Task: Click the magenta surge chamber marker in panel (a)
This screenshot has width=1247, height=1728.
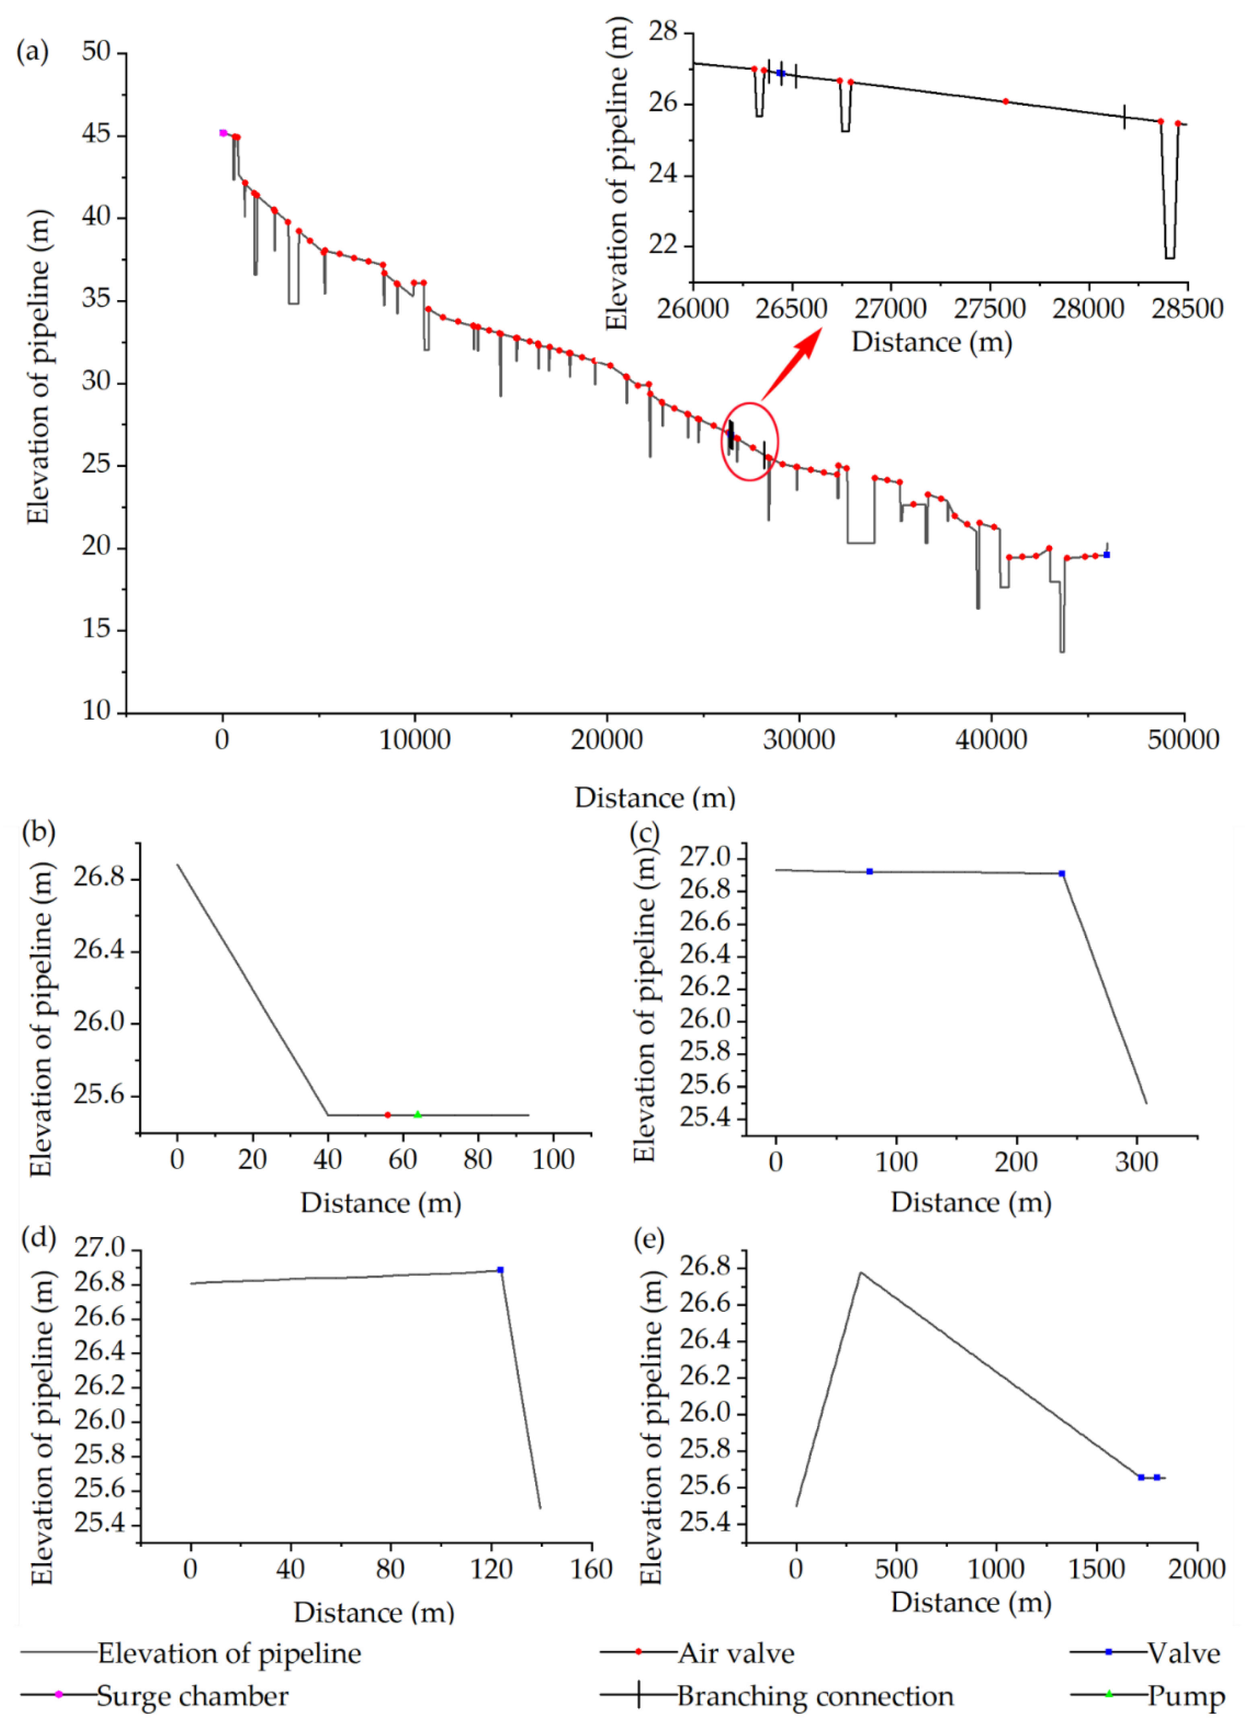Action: point(222,133)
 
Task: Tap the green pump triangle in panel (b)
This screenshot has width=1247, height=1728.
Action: point(417,1114)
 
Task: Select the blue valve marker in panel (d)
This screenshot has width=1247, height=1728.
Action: point(500,1270)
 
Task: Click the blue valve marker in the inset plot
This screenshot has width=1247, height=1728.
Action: point(781,73)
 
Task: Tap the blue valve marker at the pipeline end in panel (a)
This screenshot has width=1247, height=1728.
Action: point(1106,555)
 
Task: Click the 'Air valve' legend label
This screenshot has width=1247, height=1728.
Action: point(736,1653)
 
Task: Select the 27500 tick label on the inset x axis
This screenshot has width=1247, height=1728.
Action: point(989,309)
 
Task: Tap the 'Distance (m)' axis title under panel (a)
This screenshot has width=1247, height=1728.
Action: point(655,798)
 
